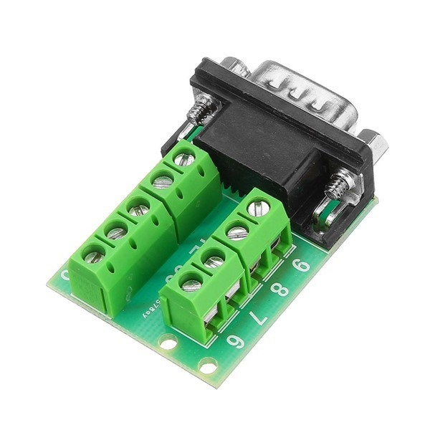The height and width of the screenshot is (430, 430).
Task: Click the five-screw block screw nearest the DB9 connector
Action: tap(184, 159)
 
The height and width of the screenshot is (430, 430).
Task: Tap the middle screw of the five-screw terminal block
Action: tap(138, 209)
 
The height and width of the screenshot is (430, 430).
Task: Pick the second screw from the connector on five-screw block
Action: tap(162, 182)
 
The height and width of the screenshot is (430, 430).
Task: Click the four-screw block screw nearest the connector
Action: tap(258, 209)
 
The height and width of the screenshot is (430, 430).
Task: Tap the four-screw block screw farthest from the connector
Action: tap(191, 285)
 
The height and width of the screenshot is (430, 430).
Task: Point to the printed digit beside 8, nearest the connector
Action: tap(302, 265)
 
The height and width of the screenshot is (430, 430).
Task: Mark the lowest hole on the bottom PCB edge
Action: tap(208, 366)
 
